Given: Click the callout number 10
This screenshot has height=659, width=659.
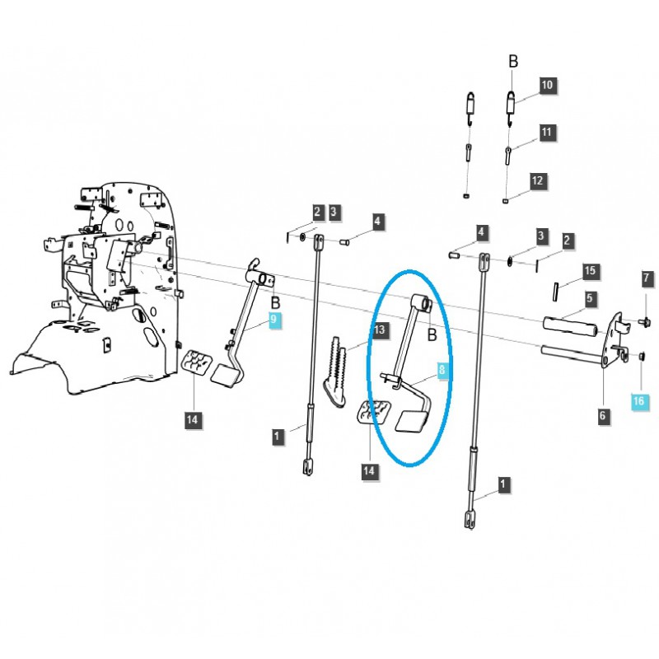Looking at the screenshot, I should (x=548, y=85).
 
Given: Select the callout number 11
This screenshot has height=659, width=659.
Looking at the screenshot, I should (x=548, y=132).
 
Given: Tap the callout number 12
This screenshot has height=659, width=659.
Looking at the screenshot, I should (x=537, y=180).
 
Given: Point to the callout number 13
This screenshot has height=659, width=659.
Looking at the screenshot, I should (x=379, y=330).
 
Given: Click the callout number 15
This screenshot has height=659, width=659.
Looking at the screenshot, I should (x=589, y=270).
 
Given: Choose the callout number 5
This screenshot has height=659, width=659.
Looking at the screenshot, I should (x=589, y=297).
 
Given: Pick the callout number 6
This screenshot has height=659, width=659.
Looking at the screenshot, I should (x=602, y=416).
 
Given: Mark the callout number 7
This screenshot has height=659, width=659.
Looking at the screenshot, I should (x=647, y=279).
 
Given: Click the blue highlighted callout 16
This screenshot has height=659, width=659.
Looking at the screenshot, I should (x=640, y=401).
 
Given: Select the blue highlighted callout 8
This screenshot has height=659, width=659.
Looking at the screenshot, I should (x=442, y=372).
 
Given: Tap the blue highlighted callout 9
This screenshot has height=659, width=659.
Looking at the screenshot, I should (x=274, y=320).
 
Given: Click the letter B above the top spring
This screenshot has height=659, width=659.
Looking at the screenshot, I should (x=512, y=61).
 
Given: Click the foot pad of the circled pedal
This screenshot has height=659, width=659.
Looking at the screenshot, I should (x=411, y=422).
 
